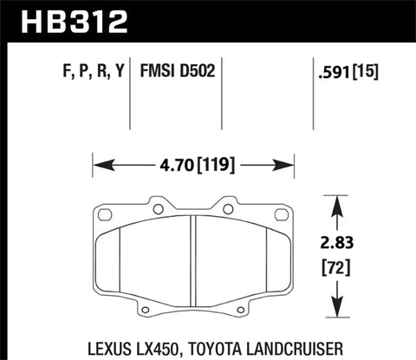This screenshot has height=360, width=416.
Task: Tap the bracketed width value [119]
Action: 218,162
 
